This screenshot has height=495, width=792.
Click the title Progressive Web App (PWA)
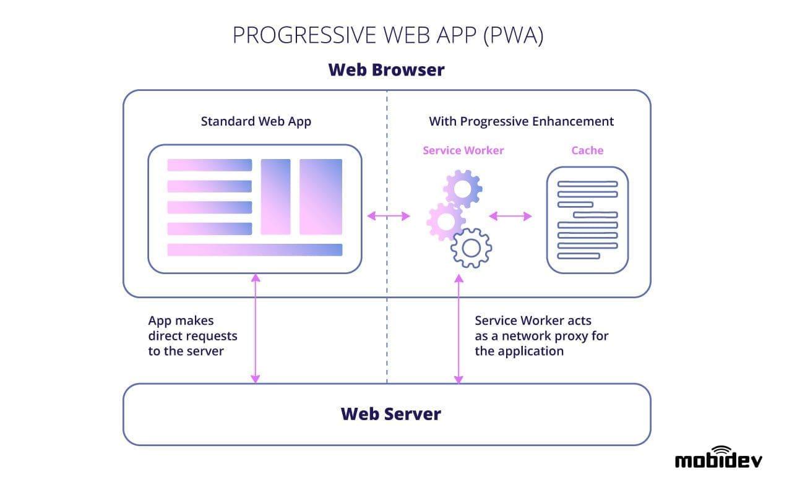[387, 36]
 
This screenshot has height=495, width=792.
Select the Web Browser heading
[386, 69]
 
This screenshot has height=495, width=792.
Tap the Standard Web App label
[256, 121]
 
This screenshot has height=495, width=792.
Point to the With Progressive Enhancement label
[521, 121]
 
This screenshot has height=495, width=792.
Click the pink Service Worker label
[463, 150]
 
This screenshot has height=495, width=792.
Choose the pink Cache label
[587, 150]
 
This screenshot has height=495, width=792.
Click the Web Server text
[390, 413]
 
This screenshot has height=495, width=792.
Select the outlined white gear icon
[471, 247]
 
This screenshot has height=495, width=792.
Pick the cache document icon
[587, 220]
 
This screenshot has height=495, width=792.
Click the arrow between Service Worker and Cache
[510, 216]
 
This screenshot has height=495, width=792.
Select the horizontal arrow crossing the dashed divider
[388, 216]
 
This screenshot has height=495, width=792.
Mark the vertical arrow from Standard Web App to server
[255, 328]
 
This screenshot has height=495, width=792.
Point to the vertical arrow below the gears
[458, 328]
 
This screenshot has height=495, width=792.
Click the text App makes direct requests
[192, 335]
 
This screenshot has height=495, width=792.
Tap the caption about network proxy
[541, 335]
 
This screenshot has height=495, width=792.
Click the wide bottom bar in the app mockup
[254, 250]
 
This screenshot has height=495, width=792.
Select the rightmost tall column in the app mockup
[321, 197]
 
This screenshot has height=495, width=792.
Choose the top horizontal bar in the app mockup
[209, 165]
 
